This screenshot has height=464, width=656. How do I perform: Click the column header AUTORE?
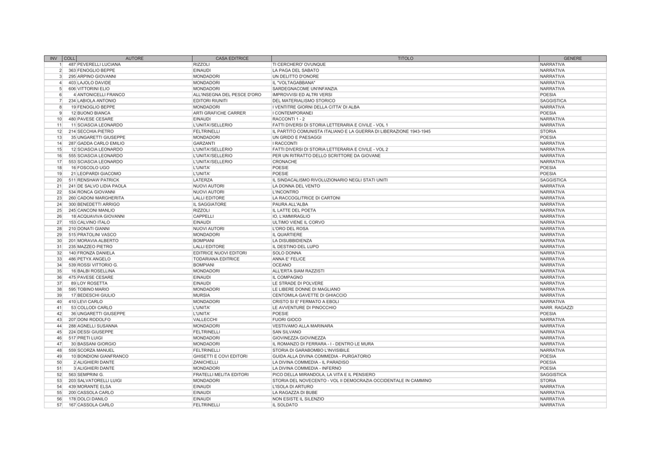pos(135,58)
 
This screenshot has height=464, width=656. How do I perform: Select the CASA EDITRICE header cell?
pos(232,58)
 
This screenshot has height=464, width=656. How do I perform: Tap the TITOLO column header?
pos(405,58)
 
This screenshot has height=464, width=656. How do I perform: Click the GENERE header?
pos(573,58)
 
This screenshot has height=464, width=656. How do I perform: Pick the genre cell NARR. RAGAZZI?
pos(557,308)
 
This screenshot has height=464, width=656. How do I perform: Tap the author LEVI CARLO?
pos(90,301)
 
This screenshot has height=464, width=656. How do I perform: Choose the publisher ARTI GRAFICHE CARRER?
pos(219,113)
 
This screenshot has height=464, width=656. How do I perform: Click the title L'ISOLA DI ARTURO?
pos(293,386)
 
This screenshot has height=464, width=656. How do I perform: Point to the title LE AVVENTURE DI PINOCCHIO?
pos(304,308)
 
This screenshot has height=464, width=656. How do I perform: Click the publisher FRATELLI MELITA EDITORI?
pos(221,374)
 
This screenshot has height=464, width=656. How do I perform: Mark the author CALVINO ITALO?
pos(94,222)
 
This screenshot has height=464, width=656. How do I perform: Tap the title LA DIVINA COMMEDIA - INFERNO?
pos(307,369)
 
